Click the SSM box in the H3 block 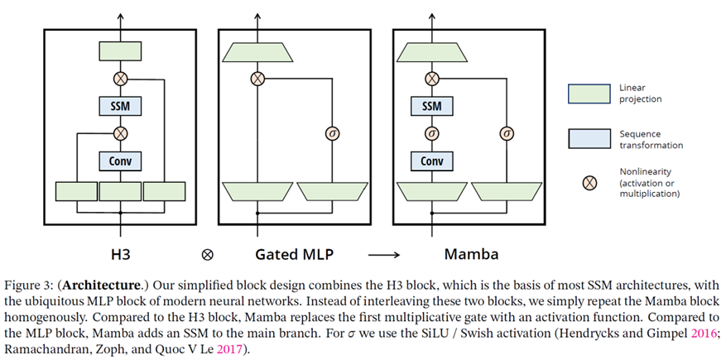tap(121, 106)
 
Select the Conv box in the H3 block tap(121, 160)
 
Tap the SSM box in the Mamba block tap(431, 106)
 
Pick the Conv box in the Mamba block tap(431, 160)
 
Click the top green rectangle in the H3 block tap(121, 51)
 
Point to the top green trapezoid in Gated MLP tap(257, 52)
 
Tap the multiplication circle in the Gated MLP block tap(257, 79)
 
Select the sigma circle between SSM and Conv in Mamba tap(431, 132)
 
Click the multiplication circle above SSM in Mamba tap(431, 79)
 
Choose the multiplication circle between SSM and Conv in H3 tap(121, 132)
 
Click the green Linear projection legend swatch tap(589, 94)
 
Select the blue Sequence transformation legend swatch tap(589, 139)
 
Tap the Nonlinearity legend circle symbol tap(589, 184)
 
